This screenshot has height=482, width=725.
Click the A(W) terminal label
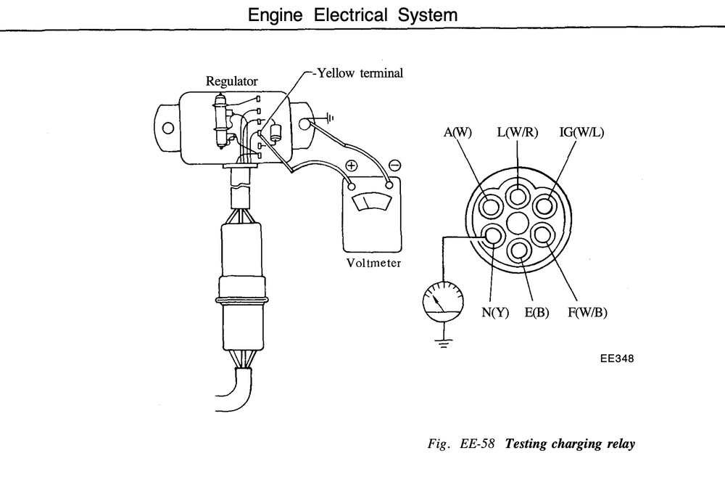tap(457, 132)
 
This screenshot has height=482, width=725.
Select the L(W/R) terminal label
tap(518, 132)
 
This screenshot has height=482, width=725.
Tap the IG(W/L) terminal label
tap(581, 132)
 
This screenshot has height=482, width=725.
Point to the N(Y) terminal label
tap(495, 313)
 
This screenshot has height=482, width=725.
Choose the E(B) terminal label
tap(536, 313)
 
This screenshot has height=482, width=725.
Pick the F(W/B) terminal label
tap(587, 313)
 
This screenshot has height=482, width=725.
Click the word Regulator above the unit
tap(232, 81)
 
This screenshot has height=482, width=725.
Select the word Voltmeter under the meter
tap(373, 263)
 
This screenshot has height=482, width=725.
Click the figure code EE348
tap(617, 359)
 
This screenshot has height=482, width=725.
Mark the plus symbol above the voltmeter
tap(352, 166)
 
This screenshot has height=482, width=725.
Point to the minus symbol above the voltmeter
tap(394, 166)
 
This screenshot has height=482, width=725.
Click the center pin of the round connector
tap(518, 224)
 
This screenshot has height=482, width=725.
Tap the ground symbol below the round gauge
tap(444, 343)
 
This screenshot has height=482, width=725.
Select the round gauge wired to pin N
tap(443, 303)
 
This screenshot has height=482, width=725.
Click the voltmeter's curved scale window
tap(371, 203)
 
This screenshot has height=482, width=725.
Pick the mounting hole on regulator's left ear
tap(168, 128)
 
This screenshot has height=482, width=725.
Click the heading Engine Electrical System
tap(353, 15)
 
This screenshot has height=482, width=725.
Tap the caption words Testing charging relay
tap(570, 444)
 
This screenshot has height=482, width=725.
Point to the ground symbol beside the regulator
tap(329, 118)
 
